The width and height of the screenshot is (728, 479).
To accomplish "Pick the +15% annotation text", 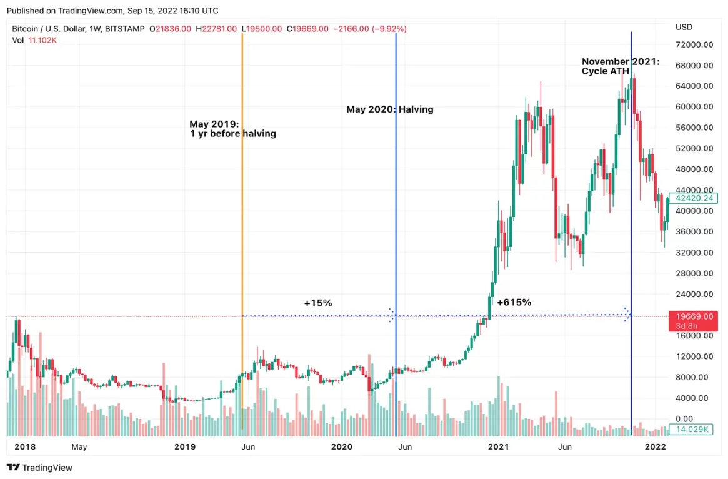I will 318,303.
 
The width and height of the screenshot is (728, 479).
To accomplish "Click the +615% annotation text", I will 514,302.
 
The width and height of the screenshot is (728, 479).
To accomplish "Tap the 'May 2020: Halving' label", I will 390,109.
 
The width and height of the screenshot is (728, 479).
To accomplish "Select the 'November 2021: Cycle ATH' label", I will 620,66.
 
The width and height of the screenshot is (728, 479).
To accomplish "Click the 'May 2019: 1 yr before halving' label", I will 232,129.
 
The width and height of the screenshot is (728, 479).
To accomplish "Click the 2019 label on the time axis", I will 185,447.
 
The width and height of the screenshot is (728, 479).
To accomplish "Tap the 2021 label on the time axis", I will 498,447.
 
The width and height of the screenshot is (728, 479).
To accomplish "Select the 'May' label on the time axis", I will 79,447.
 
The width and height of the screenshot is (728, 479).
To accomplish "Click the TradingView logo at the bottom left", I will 39,467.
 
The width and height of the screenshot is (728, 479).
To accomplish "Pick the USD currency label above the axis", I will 684,27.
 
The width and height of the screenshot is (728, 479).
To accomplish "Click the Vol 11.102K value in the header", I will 43,40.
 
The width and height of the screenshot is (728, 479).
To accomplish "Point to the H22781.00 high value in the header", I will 216,29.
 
